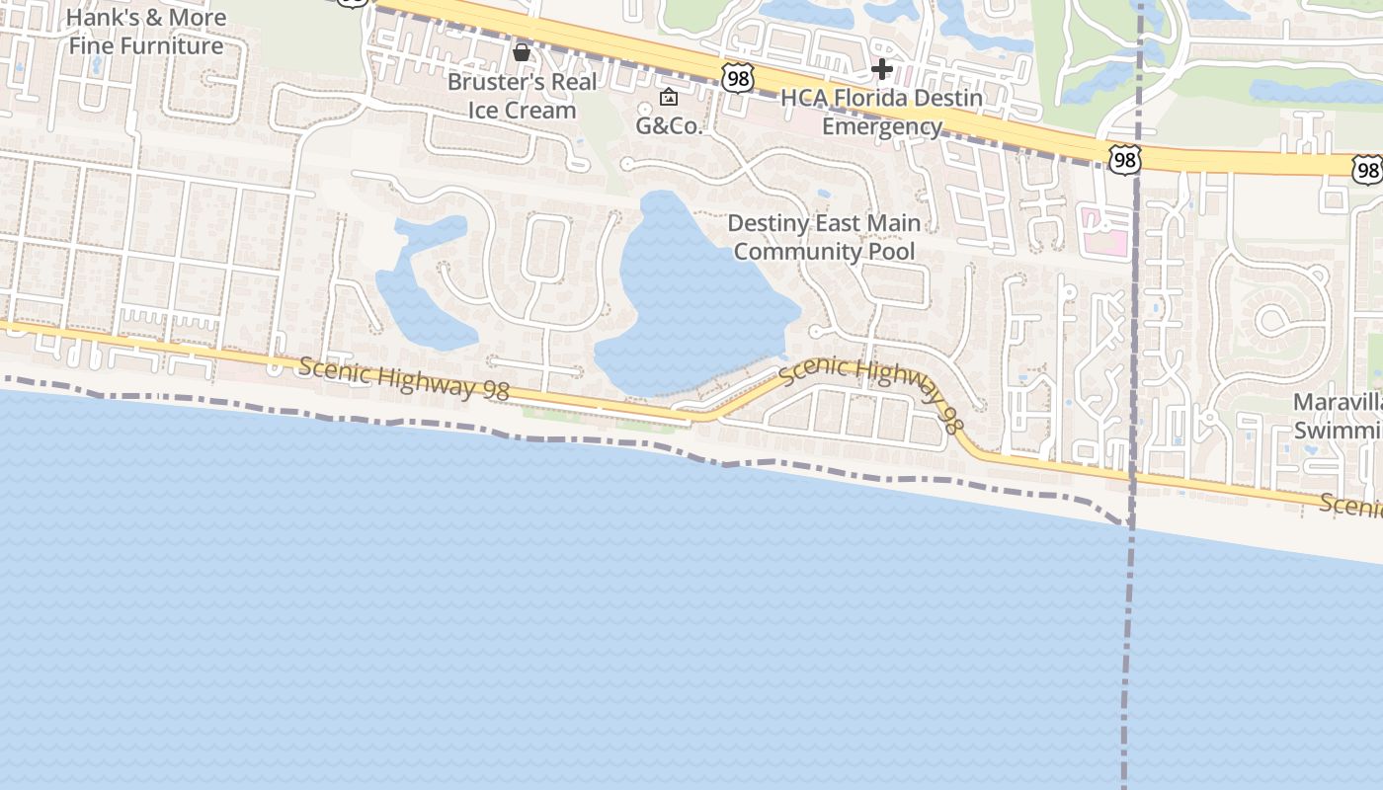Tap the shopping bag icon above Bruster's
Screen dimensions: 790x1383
[521, 51]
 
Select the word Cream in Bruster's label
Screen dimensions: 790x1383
[549, 111]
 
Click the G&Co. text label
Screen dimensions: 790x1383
[668, 126]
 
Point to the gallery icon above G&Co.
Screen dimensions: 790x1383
[669, 97]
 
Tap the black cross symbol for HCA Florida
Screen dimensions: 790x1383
[882, 69]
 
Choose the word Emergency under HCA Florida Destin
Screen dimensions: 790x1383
[882, 126]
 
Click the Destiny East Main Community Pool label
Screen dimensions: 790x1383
[824, 237]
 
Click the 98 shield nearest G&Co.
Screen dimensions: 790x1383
[737, 78]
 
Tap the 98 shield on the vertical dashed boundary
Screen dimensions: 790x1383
[1124, 160]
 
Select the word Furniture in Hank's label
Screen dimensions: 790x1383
[174, 45]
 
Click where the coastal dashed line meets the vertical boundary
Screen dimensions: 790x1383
[1129, 522]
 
